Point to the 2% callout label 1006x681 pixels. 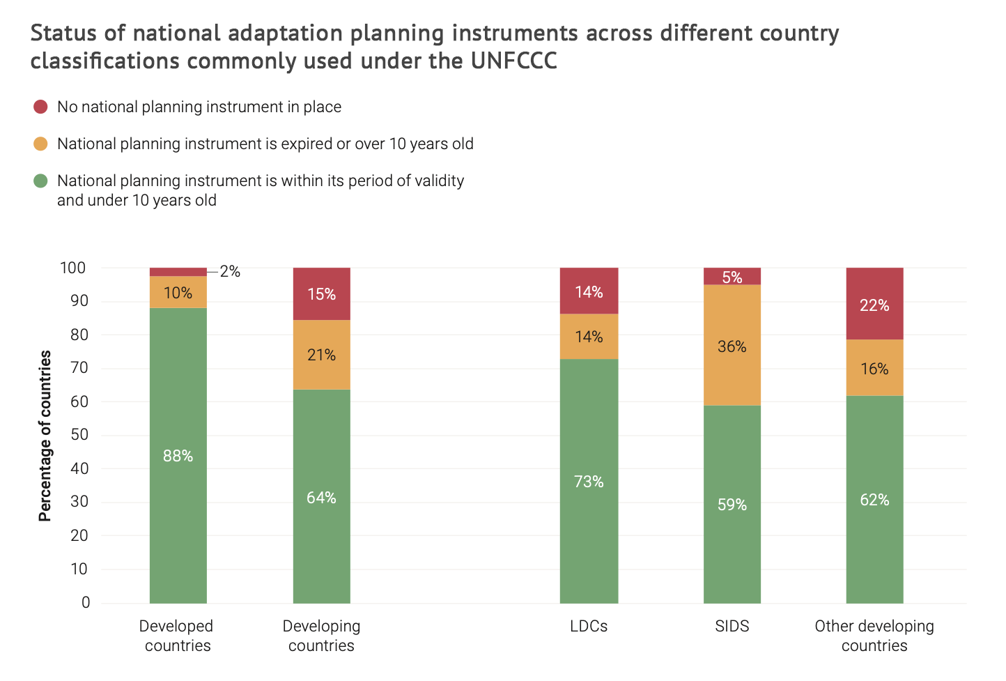coord(230,272)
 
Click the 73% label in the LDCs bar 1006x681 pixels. coord(589,482)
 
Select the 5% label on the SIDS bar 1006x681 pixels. coord(732,277)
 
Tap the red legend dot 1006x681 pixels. coord(40,107)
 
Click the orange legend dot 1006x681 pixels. coord(40,144)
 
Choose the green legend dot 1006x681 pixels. coord(40,181)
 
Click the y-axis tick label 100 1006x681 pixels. coord(72,268)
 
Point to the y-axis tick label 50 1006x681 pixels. coord(79,435)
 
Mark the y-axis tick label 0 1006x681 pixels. coord(86,602)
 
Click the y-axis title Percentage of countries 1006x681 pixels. coord(45,436)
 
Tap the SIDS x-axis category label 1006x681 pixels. coord(732,626)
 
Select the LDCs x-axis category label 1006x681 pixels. coord(589,626)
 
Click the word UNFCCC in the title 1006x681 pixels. coord(513,61)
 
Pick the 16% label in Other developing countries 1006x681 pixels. coord(874,369)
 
